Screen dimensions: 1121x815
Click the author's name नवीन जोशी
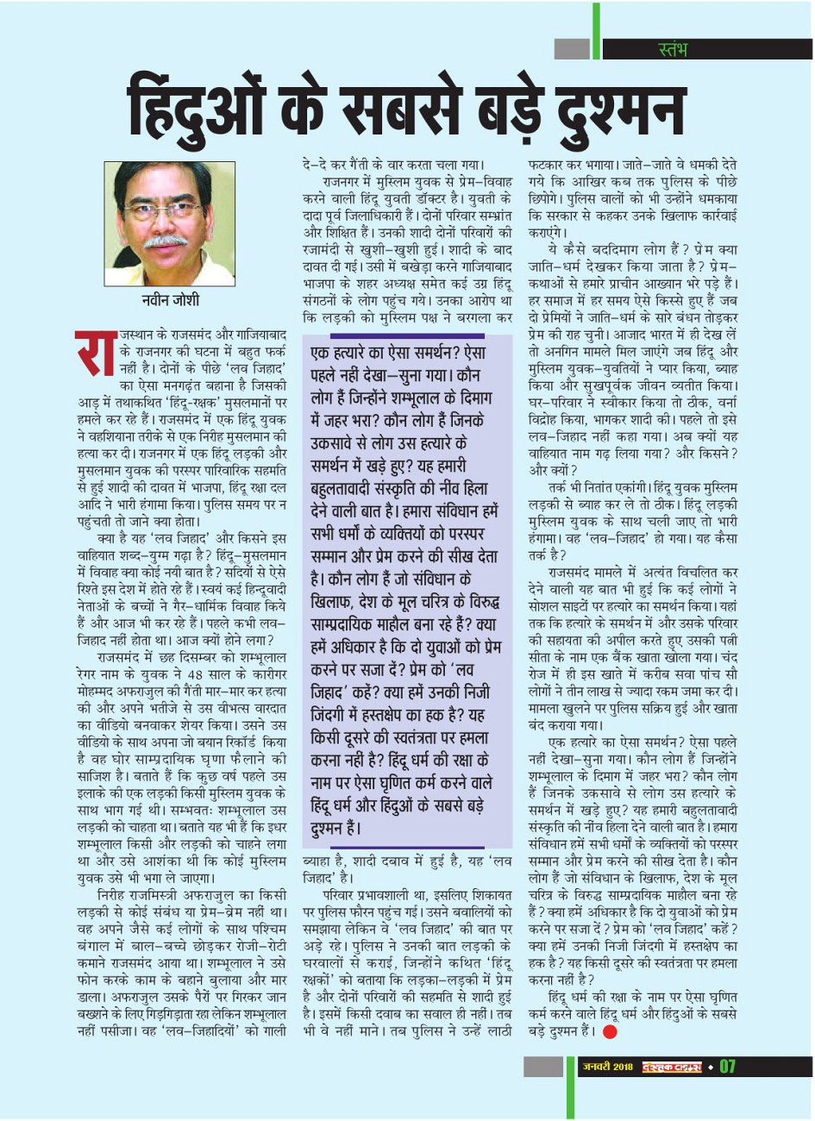pyautogui.click(x=171, y=300)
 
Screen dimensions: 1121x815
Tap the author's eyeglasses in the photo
pyautogui.click(x=169, y=210)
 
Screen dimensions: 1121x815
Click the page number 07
pyautogui.click(x=727, y=1067)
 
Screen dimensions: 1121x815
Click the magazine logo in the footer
pyautogui.click(x=672, y=1068)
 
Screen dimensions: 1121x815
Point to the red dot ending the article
pyautogui.click(x=610, y=1030)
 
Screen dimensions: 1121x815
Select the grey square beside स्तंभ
pyautogui.click(x=571, y=49)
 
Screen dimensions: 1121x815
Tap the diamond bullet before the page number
pyautogui.click(x=709, y=1068)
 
